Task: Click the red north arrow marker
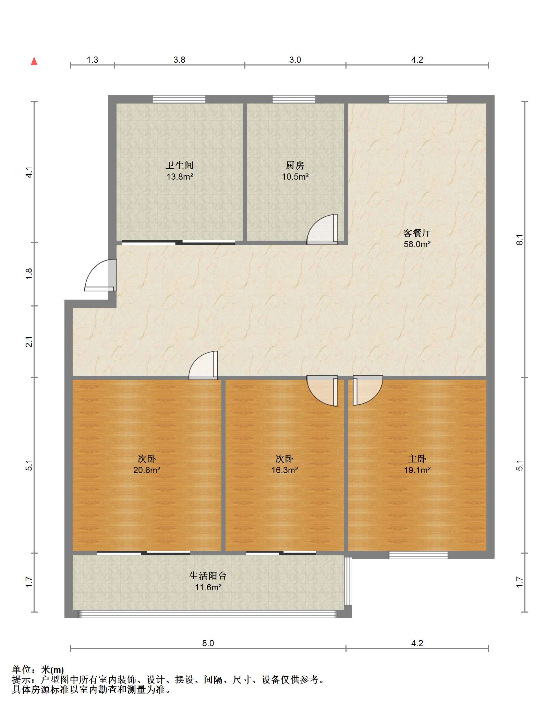tap(34, 61)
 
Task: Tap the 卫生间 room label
tap(180, 166)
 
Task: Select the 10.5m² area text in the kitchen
tap(295, 177)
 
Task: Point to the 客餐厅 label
tap(417, 233)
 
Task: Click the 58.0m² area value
tap(417, 244)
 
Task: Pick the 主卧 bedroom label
tap(417, 459)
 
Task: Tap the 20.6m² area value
tap(147, 470)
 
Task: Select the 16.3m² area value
tap(284, 470)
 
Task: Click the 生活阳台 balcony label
tap(208, 576)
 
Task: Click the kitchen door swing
tap(322, 229)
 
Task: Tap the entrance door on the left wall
tap(101, 275)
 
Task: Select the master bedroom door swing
tap(368, 390)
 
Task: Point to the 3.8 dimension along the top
tap(179, 60)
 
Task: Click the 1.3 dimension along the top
tap(92, 60)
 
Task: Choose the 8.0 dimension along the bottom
tap(208, 643)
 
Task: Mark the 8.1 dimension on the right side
tap(520, 239)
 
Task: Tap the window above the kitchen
tap(294, 99)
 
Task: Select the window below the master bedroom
tap(418, 555)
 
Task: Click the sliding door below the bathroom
tap(179, 243)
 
